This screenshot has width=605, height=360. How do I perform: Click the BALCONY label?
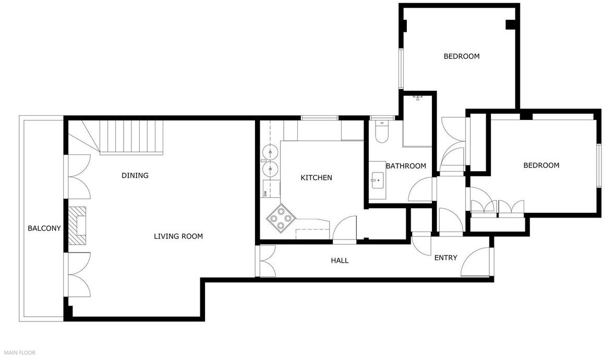click(44, 228)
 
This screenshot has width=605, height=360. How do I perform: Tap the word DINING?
click(135, 175)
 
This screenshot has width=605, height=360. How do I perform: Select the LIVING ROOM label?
click(178, 236)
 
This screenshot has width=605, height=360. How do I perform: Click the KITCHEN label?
click(317, 177)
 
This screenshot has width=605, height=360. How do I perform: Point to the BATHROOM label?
click(406, 166)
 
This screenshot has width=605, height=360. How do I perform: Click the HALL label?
click(340, 260)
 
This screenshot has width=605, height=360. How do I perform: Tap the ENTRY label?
click(445, 258)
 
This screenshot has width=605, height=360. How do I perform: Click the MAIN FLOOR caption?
click(20, 353)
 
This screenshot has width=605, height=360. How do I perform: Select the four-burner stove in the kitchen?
click(281, 219)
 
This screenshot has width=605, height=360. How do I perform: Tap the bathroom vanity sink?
click(378, 180)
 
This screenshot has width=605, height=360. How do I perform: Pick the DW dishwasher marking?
click(265, 193)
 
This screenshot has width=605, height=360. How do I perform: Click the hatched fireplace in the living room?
click(77, 225)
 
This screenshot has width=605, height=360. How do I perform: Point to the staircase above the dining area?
click(131, 137)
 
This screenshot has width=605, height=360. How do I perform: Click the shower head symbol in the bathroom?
click(418, 98)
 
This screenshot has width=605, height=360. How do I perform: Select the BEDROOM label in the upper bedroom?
click(462, 56)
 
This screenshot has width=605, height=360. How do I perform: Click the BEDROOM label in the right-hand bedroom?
click(541, 165)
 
